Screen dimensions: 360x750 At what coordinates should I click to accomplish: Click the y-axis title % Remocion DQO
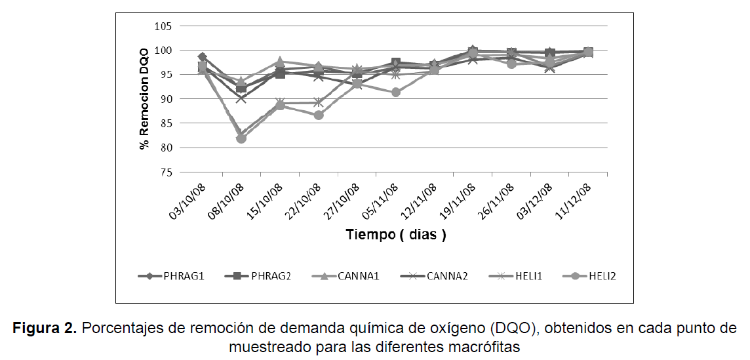pos(144,100)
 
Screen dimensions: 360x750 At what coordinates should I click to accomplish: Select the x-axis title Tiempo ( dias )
pos(396,235)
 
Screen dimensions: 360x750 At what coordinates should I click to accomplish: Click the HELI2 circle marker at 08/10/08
pos(241,138)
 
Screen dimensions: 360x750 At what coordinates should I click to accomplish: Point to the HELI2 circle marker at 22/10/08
pos(319,115)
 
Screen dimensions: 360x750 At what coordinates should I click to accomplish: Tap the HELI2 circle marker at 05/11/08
pos(396,92)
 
